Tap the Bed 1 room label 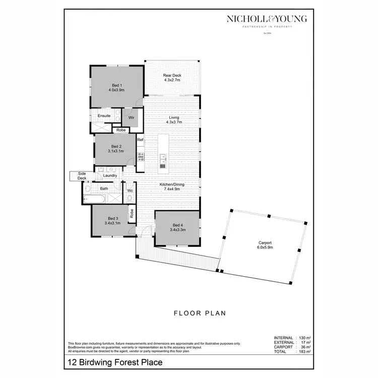tap(116, 87)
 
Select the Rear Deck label tap(172, 78)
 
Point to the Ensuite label tap(104, 116)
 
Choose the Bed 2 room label tap(116, 148)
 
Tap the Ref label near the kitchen tap(141, 139)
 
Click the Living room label tap(173, 119)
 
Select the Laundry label tap(110, 175)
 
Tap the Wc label tap(130, 191)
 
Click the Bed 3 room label tap(112, 220)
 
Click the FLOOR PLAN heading tap(200, 313)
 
